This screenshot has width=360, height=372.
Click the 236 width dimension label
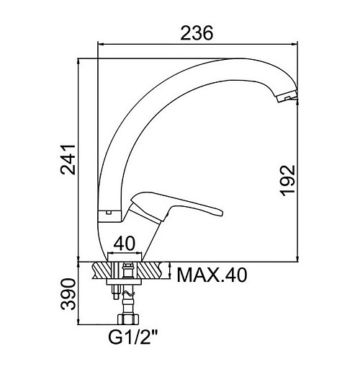coord(197,33)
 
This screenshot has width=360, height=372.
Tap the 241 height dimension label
coord(68,159)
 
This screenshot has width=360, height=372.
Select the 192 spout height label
coord(288,181)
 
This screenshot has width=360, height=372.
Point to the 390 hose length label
coord(68,294)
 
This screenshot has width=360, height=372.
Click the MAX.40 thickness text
coord(212,275)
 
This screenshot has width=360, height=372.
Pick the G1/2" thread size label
coord(133,337)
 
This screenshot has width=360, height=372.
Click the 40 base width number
coord(125,244)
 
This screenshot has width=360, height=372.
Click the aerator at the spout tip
coord(287,97)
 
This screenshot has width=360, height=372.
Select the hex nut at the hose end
coord(129,319)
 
